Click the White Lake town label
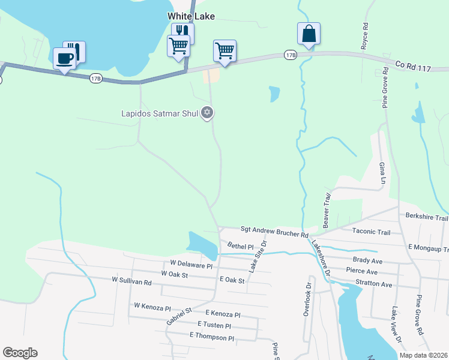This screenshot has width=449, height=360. tap(190, 17)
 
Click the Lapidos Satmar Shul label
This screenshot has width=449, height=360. tap(159, 112)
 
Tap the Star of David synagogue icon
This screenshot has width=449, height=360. tap(208, 112)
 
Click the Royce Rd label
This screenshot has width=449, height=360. tap(364, 37)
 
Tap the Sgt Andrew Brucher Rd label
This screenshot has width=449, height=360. tap(274, 229)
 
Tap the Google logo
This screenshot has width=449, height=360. tap(20, 353)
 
